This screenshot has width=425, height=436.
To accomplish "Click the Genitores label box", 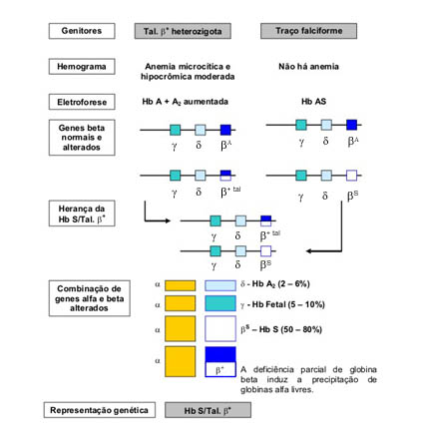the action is (82, 31).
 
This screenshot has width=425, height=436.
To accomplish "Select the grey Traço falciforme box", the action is (308, 31).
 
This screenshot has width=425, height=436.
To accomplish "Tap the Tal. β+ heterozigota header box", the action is (183, 31).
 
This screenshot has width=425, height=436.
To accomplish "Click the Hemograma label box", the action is (82, 67).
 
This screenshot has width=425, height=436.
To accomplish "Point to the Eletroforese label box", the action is (82, 102).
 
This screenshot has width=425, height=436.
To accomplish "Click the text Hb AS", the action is (313, 102).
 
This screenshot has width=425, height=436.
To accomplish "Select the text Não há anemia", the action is (308, 67).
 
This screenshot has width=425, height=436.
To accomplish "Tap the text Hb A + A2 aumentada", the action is (185, 102).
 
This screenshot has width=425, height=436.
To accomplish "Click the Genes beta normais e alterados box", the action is (82, 138).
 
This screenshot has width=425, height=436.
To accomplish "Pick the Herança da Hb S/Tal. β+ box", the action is (82, 214).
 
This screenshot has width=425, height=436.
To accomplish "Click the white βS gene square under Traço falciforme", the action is (351, 176).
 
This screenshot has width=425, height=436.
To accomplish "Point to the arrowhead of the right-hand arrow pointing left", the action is (308, 250).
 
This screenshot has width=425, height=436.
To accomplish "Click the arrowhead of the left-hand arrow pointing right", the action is (169, 220).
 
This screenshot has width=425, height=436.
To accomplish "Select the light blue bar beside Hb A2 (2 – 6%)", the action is (220, 285).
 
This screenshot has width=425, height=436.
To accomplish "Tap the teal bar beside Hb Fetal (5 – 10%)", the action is (220, 303).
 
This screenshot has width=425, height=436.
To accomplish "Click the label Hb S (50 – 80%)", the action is (281, 329).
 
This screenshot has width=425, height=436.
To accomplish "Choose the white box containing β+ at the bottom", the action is (220, 369).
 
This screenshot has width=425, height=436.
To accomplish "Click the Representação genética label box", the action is (100, 410).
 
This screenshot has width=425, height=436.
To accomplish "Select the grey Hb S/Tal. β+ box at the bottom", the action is (208, 410).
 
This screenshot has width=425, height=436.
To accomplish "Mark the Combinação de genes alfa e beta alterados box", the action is (89, 298).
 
